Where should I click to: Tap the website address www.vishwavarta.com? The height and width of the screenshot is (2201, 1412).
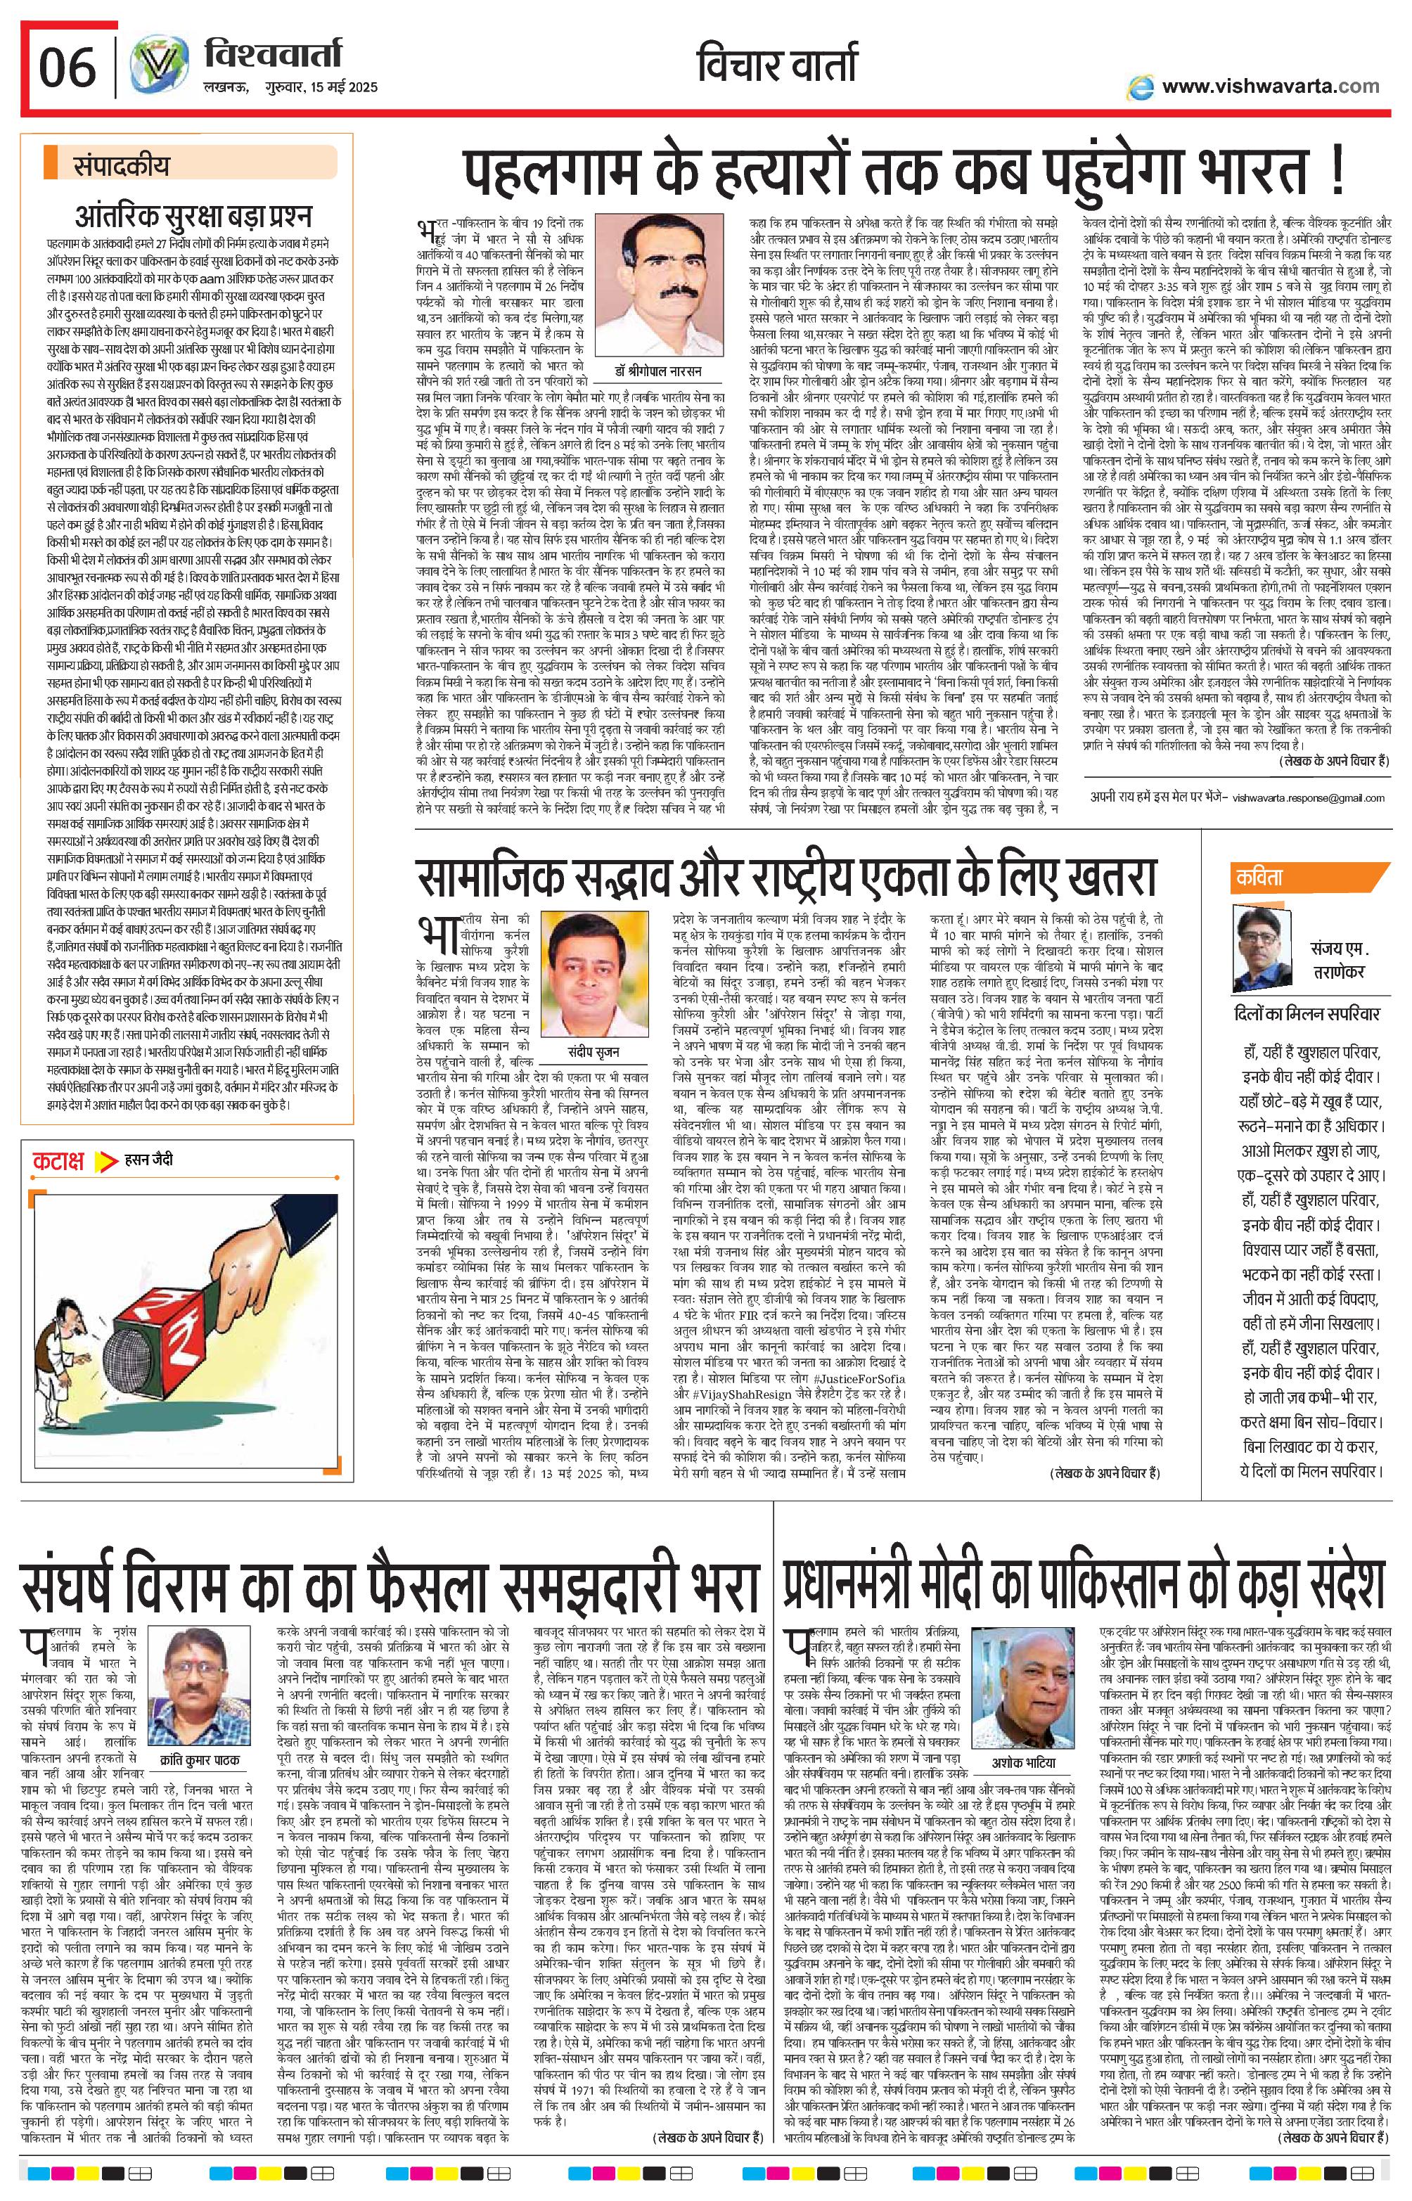point(1269,86)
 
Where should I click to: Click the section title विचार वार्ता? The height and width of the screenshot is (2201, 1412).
point(778,66)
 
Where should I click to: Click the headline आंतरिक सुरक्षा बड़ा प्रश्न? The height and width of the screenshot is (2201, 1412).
point(193,217)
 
